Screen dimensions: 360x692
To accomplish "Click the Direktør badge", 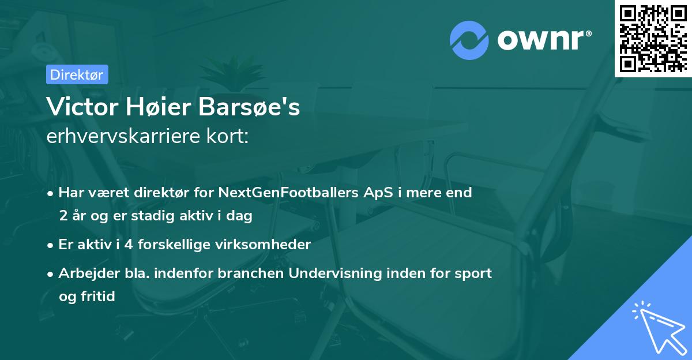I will pos(77,74).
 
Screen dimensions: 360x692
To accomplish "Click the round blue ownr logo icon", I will pos(469,40).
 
